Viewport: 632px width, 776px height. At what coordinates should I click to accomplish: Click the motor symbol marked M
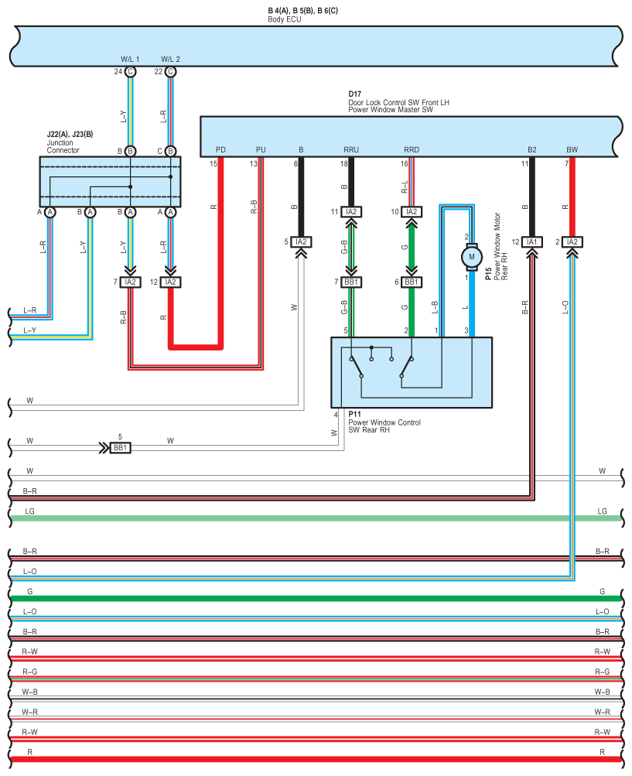pyautogui.click(x=472, y=257)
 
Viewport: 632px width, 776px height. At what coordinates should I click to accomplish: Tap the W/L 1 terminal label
pyautogui.click(x=130, y=60)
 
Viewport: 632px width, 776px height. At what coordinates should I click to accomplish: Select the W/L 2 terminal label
pyautogui.click(x=171, y=60)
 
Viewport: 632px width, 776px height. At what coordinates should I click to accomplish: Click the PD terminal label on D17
pyautogui.click(x=220, y=149)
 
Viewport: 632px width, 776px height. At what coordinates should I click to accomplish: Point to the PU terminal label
pyautogui.click(x=261, y=149)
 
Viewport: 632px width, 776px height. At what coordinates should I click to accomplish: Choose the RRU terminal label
pyautogui.click(x=351, y=149)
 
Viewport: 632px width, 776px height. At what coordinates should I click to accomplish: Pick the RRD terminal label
pyautogui.click(x=412, y=149)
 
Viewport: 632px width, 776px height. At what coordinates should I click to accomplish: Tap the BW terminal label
pyautogui.click(x=572, y=149)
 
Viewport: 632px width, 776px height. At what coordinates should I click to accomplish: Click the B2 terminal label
pyautogui.click(x=532, y=149)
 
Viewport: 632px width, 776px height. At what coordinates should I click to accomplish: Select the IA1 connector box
pyautogui.click(x=532, y=242)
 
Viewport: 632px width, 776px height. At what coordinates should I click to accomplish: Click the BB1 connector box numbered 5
pyautogui.click(x=120, y=448)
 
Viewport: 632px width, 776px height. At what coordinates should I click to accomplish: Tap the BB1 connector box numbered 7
pyautogui.click(x=351, y=282)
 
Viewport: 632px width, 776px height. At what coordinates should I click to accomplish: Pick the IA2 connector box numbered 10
pyautogui.click(x=412, y=212)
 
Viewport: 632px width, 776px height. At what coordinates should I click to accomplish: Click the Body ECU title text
pyautogui.click(x=285, y=19)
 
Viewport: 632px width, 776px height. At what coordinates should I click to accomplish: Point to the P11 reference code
pyautogui.click(x=355, y=414)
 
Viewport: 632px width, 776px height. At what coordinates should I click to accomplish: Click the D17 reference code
pyautogui.click(x=355, y=94)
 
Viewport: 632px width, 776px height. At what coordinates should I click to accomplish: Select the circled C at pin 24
pyautogui.click(x=130, y=72)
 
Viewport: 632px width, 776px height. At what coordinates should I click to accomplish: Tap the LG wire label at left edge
pyautogui.click(x=29, y=511)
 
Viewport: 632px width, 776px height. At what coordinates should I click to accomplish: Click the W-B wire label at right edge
pyautogui.click(x=603, y=692)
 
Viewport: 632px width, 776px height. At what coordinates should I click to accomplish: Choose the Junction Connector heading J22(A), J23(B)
pyautogui.click(x=70, y=134)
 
